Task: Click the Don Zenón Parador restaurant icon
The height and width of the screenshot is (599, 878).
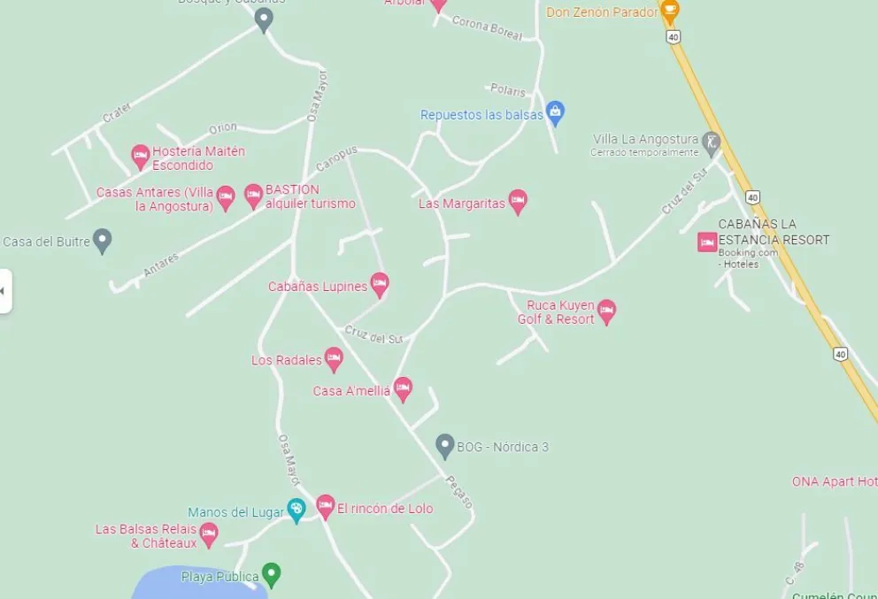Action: [670, 12]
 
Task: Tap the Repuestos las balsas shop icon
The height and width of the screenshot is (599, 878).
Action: [555, 112]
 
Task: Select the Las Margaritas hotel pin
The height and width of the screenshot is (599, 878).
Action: [518, 202]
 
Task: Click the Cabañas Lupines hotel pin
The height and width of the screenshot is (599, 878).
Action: [380, 285]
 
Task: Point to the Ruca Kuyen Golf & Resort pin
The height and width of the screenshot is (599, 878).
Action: [606, 311]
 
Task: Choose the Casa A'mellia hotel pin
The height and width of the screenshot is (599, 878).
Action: [403, 388]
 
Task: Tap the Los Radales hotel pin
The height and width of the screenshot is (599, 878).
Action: [334, 359]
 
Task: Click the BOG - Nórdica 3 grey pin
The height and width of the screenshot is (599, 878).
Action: [445, 446]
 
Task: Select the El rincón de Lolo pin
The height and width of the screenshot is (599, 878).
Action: [326, 507]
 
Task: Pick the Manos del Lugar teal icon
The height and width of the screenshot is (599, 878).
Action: [297, 510]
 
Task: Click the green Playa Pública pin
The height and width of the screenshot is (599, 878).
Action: [272, 575]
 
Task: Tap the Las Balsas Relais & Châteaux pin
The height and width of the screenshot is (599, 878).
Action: [209, 534]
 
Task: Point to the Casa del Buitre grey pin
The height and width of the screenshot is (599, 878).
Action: [103, 240]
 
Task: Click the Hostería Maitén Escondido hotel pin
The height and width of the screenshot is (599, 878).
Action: [140, 157]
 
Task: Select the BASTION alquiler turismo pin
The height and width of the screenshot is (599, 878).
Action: [254, 196]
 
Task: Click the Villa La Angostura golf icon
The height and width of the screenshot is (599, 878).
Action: [711, 142]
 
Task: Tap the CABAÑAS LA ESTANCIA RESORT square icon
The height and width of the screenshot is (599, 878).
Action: [707, 242]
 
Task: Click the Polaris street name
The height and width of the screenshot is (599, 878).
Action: [507, 89]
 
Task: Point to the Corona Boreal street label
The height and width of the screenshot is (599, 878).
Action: [487, 27]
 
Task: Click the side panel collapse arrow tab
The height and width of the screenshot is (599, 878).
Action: [4, 290]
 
